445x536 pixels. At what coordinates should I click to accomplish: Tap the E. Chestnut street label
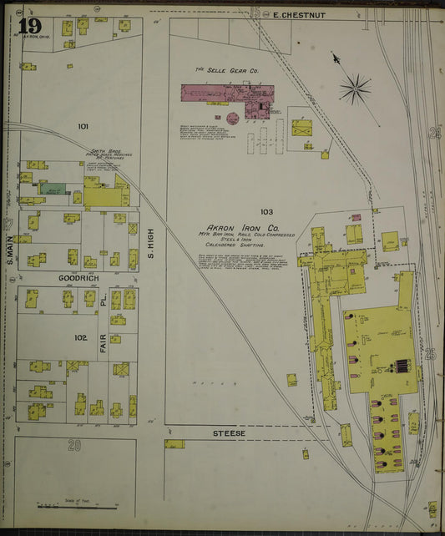(x=291, y=14)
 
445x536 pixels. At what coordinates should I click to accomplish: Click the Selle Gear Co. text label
(x=226, y=70)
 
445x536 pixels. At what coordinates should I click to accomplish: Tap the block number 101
(x=83, y=126)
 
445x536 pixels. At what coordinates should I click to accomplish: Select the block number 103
(x=266, y=211)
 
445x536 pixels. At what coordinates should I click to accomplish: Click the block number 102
(x=80, y=338)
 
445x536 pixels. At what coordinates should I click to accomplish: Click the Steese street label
(x=228, y=433)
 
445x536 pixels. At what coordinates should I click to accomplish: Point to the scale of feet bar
(x=65, y=505)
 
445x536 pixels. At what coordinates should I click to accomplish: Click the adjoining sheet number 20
(x=74, y=445)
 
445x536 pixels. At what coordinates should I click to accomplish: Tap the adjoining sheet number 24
(x=433, y=132)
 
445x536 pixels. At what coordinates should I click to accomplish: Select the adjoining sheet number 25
(x=431, y=354)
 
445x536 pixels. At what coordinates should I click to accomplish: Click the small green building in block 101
(x=52, y=190)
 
